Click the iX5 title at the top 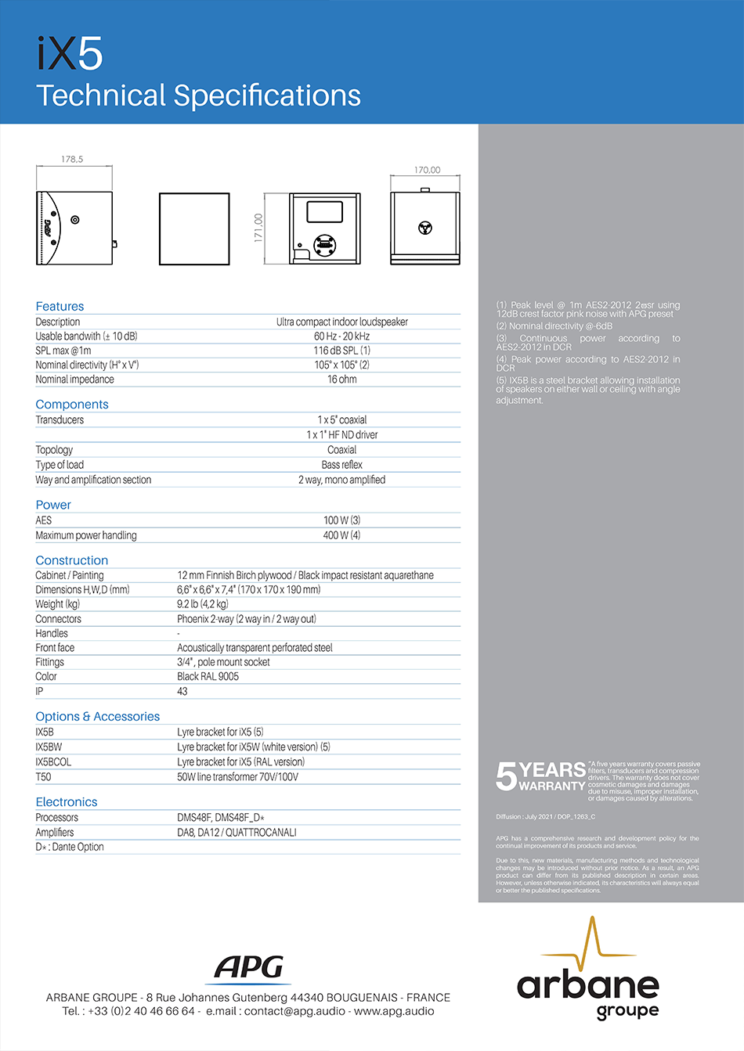pyautogui.click(x=70, y=54)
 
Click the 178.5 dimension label pyautogui.click(x=72, y=159)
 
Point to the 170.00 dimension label pyautogui.click(x=427, y=170)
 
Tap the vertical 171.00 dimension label pyautogui.click(x=258, y=228)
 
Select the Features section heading pyautogui.click(x=60, y=306)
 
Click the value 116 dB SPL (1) pyautogui.click(x=341, y=351)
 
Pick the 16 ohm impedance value pyautogui.click(x=341, y=380)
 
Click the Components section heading pyautogui.click(x=72, y=405)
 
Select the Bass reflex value pyautogui.click(x=341, y=465)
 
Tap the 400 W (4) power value pyautogui.click(x=341, y=535)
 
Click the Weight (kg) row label pyautogui.click(x=57, y=604)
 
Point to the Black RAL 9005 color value pyautogui.click(x=208, y=676)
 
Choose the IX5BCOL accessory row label pyautogui.click(x=53, y=761)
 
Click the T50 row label pyautogui.click(x=43, y=777)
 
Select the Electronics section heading pyautogui.click(x=67, y=802)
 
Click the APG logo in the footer pyautogui.click(x=250, y=968)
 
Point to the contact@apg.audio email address pyautogui.click(x=294, y=1011)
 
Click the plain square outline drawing pyautogui.click(x=194, y=229)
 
